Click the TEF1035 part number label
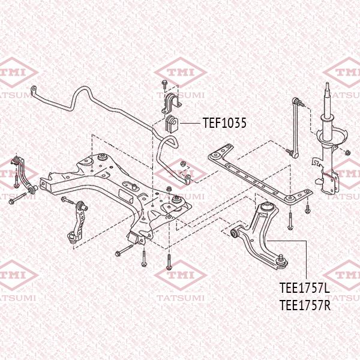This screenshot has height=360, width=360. pos(224,123)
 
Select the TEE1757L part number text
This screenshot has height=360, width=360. pos(305,289)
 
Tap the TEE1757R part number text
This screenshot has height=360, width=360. pos(305,305)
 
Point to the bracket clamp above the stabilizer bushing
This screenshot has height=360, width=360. pos(168,103)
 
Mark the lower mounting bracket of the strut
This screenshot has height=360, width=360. pos(329,180)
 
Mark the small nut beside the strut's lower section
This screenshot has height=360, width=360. pos(314,161)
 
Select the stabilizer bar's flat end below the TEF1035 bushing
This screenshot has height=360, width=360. pos(188,181)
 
